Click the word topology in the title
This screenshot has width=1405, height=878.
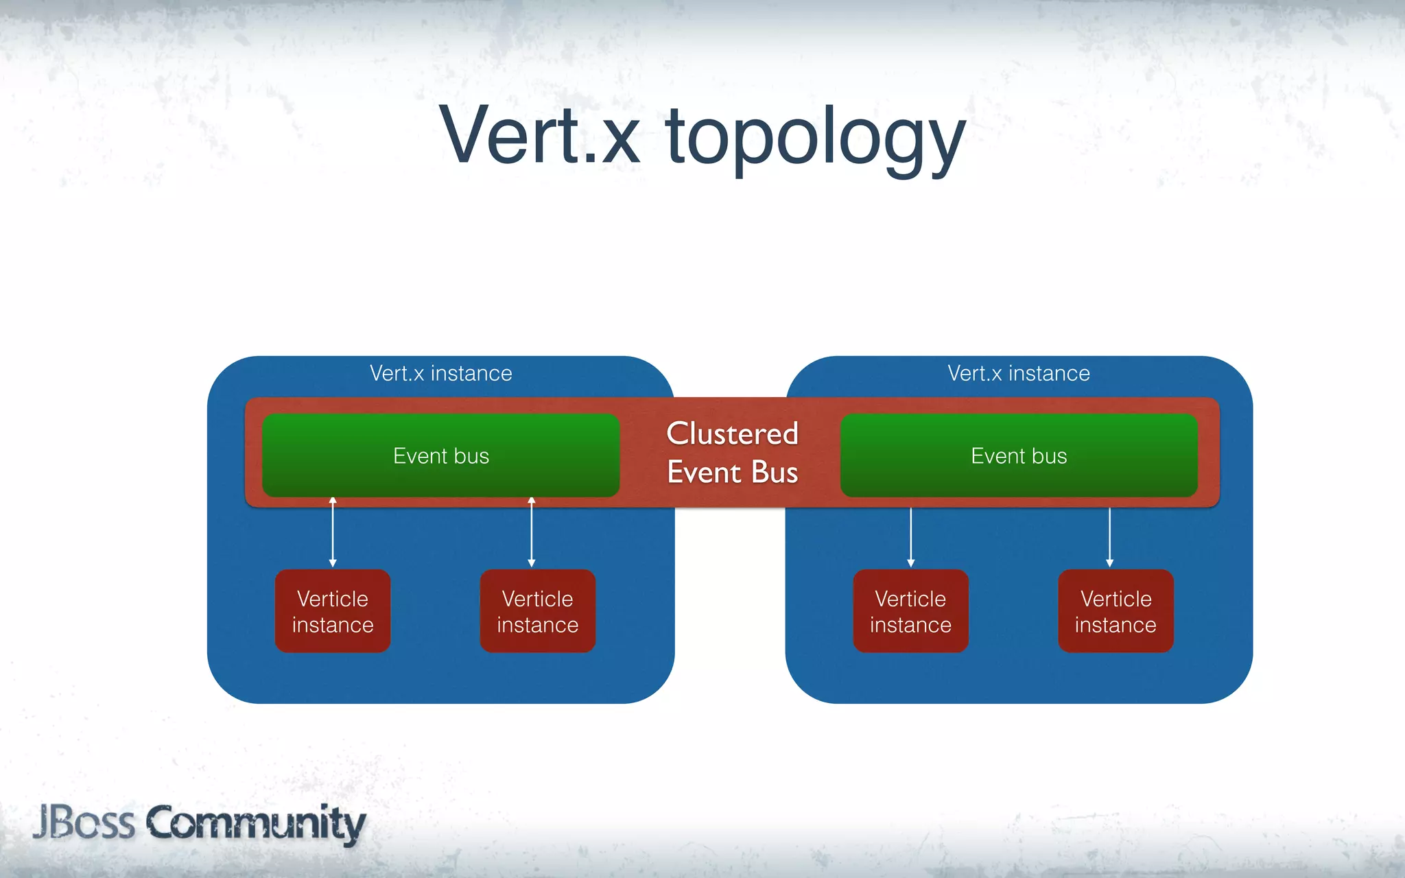click(815, 141)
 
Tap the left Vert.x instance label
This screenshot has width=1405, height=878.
click(440, 373)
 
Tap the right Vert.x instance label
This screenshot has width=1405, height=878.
click(1019, 373)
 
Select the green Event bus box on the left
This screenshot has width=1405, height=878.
click(440, 455)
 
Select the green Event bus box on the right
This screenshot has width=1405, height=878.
click(1019, 455)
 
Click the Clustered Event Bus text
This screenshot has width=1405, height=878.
click(732, 453)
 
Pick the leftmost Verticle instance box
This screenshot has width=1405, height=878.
click(333, 611)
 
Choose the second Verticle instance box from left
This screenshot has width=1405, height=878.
click(538, 611)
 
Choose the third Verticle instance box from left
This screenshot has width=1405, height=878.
click(910, 611)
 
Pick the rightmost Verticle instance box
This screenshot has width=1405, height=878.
click(1115, 611)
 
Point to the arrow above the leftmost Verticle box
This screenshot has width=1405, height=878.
click(333, 533)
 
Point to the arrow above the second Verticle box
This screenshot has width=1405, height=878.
click(532, 533)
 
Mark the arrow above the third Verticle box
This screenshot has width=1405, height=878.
click(911, 537)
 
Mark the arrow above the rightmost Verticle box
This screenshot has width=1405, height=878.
click(1110, 537)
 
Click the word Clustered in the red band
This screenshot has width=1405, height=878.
click(732, 434)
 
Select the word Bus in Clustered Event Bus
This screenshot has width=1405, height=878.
click(775, 473)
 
